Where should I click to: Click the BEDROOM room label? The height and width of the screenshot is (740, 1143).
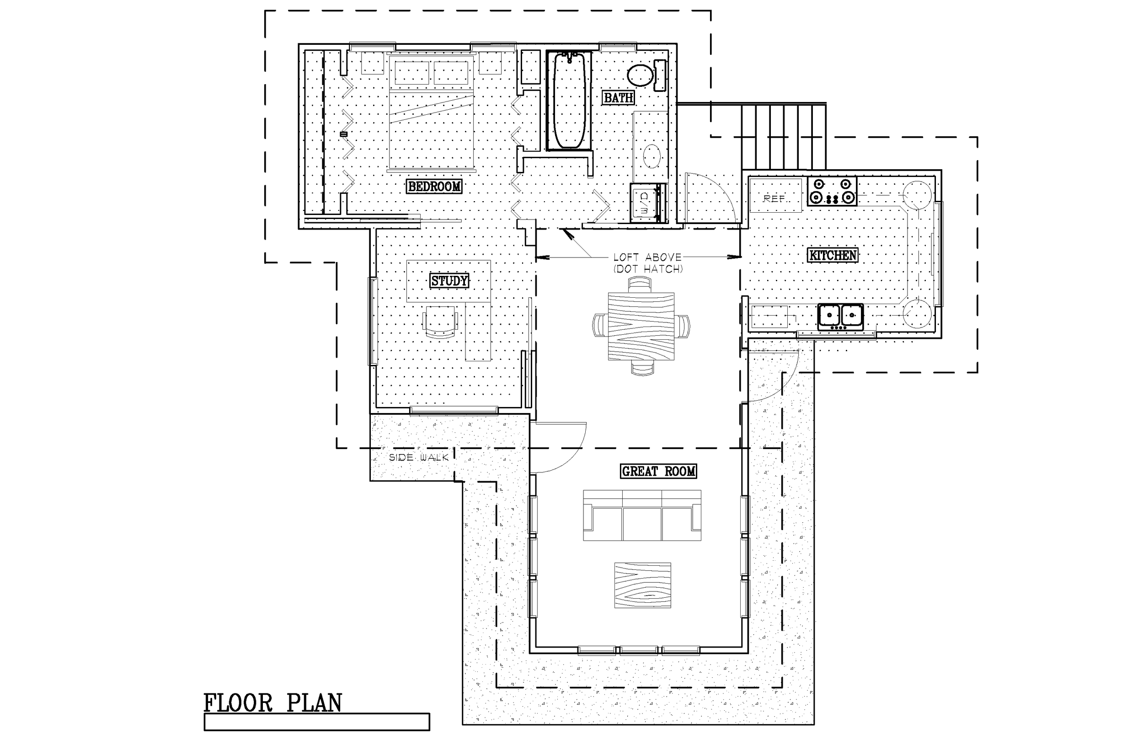(x=435, y=187)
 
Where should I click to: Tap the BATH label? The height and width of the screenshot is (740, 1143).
(x=618, y=98)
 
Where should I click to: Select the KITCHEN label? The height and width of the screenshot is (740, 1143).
(x=833, y=255)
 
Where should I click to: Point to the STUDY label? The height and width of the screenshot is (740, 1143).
(x=449, y=281)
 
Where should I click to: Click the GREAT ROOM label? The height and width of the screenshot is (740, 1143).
(x=658, y=472)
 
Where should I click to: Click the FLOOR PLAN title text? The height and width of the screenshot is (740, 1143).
(x=272, y=703)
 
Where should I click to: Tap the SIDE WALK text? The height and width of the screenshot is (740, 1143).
(x=418, y=457)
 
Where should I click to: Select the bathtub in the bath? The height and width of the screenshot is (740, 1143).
(x=569, y=101)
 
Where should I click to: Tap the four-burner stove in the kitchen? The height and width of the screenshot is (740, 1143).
(x=832, y=191)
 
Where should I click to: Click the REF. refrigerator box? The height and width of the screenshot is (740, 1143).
(x=775, y=195)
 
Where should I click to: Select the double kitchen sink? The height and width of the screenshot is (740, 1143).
(x=840, y=316)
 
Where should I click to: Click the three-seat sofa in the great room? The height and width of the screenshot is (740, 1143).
(x=642, y=516)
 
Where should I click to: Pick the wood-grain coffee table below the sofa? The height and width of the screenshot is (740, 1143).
(x=642, y=585)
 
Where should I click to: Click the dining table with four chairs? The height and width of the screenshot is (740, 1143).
(x=641, y=326)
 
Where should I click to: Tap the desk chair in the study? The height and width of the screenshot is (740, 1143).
(x=439, y=322)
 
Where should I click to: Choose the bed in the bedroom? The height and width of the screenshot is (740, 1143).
(x=431, y=113)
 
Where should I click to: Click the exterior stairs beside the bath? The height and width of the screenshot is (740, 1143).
(x=784, y=136)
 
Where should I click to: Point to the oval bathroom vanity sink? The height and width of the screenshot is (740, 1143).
(x=652, y=156)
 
